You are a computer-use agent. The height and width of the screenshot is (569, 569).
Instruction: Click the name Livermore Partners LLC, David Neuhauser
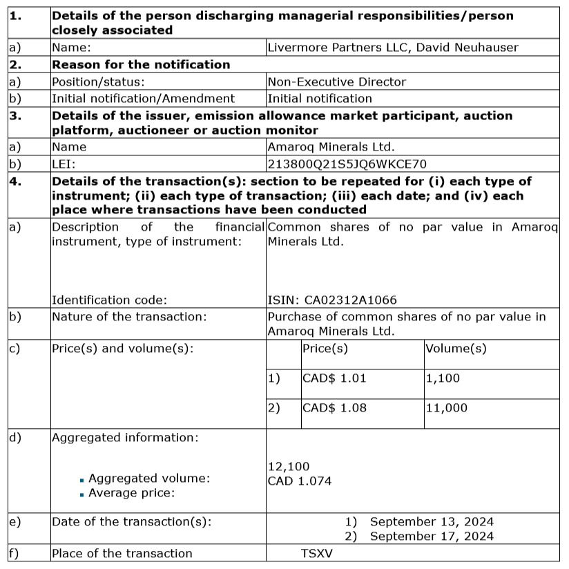click(x=392, y=48)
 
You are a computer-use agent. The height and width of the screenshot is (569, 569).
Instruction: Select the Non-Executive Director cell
click(x=336, y=81)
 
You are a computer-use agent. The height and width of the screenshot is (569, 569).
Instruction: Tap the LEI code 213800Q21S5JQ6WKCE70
click(x=347, y=164)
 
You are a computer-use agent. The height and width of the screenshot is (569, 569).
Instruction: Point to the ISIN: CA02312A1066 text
click(x=331, y=300)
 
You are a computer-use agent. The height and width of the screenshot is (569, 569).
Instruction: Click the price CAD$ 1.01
click(x=330, y=378)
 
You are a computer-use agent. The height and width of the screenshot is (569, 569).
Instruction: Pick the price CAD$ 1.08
click(x=330, y=408)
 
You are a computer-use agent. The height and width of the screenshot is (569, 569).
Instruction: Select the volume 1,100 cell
click(x=443, y=378)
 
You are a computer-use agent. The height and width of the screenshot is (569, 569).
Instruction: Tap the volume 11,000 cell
click(x=446, y=408)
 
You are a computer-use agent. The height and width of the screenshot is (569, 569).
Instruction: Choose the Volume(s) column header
click(x=456, y=349)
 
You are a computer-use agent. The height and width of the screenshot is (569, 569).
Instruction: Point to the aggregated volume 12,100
click(x=289, y=467)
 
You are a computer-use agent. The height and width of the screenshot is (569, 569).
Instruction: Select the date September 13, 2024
click(x=432, y=522)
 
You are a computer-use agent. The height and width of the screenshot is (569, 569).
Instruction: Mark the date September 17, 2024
click(x=432, y=537)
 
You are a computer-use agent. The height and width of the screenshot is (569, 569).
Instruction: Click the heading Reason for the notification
click(x=141, y=65)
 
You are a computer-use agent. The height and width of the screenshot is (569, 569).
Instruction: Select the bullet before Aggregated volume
click(x=82, y=479)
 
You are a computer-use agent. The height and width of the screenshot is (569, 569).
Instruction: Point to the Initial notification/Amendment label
click(x=143, y=98)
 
